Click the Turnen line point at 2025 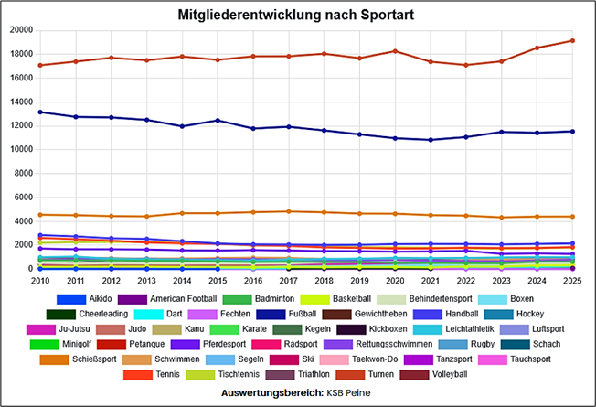[572, 40]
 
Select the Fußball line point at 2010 [38, 112]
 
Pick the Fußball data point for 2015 [217, 121]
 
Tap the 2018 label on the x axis [324, 281]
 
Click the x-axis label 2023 [501, 281]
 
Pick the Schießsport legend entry [89, 359]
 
